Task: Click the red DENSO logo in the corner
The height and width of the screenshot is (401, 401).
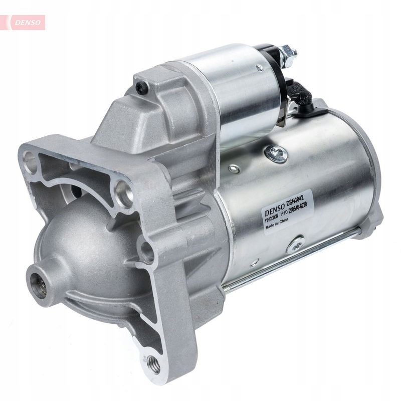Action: click(26, 22)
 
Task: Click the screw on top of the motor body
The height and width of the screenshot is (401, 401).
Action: click(276, 153)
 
